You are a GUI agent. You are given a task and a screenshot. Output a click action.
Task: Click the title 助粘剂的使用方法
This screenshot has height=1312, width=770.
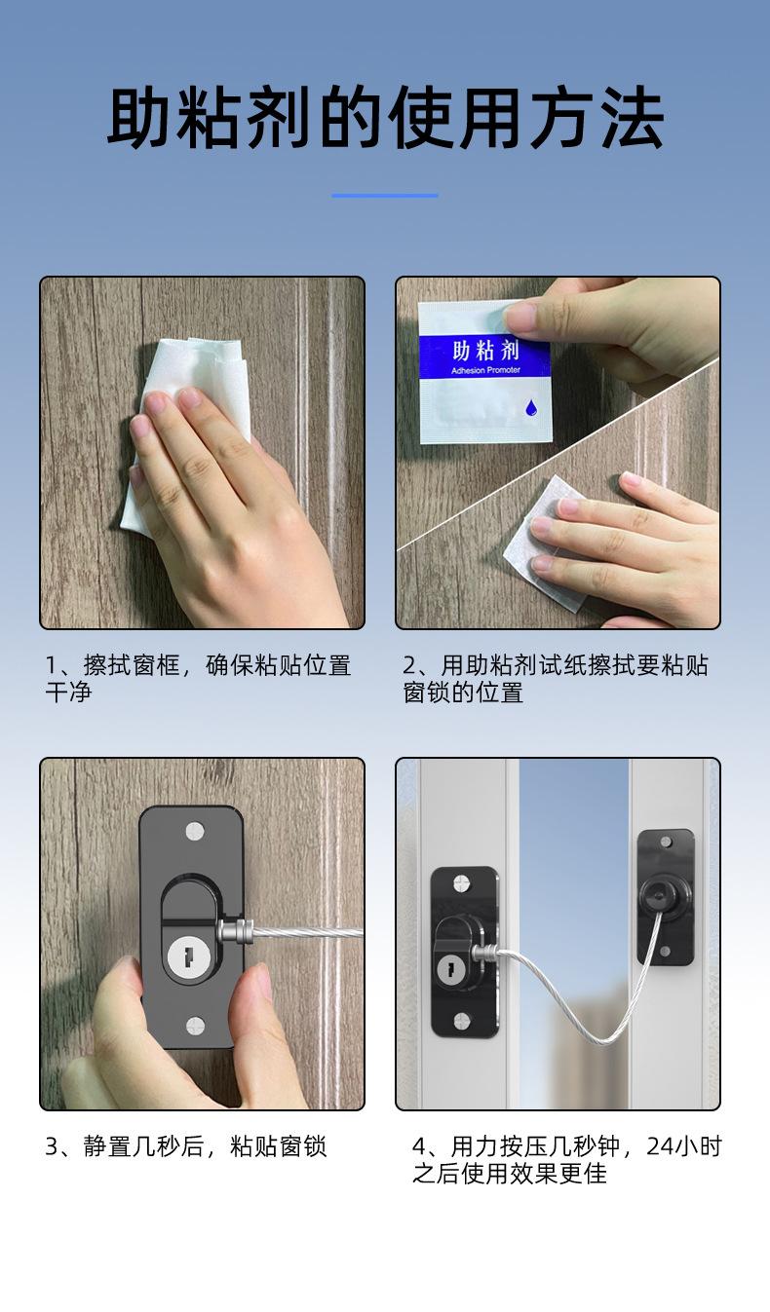click(385, 117)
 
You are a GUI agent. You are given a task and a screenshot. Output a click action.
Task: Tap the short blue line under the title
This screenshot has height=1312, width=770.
click(385, 195)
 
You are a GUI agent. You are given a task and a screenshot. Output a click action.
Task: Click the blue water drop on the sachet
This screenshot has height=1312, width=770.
click(531, 407)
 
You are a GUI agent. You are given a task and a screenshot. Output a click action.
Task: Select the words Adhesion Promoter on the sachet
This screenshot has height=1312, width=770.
click(485, 370)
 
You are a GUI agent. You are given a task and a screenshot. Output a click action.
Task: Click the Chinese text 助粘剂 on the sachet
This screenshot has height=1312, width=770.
click(485, 351)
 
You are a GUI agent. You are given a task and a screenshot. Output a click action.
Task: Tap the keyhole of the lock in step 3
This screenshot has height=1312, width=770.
click(189, 958)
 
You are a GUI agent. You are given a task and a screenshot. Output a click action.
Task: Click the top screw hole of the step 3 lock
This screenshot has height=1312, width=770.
click(195, 831)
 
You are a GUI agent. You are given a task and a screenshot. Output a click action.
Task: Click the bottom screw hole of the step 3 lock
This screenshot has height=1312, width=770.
click(195, 1026)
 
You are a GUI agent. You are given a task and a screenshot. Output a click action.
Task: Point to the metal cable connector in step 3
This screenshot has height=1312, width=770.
click(236, 931)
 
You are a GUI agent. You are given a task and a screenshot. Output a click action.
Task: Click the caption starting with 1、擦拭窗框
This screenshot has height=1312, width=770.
click(198, 678)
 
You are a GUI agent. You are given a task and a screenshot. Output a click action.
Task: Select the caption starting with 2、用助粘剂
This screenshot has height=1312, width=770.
click(555, 678)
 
